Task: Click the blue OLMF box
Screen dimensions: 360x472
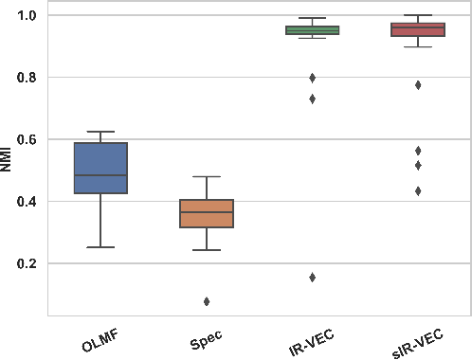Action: coord(100,168)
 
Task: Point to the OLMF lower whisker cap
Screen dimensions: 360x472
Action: coord(100,247)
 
